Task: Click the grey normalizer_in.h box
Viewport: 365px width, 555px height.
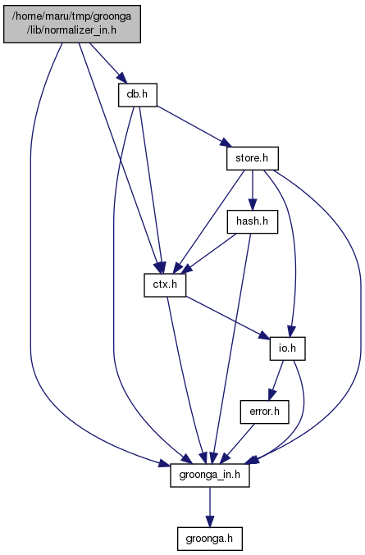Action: coord(72,24)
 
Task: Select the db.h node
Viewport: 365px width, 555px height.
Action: coord(138,95)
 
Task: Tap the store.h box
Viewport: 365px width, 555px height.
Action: coord(253,158)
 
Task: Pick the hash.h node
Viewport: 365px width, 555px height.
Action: coord(253,222)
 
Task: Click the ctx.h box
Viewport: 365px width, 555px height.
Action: coord(165,285)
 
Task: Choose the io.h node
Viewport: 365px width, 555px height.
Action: coord(287,348)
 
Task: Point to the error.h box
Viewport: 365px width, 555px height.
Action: coord(264,412)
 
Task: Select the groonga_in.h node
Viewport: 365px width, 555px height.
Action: coord(210,475)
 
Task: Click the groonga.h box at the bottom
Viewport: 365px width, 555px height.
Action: coord(210,539)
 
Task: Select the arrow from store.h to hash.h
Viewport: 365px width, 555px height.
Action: coord(253,190)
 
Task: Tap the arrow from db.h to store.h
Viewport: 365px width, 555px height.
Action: coord(194,126)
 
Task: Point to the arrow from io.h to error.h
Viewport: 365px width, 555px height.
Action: coord(276,380)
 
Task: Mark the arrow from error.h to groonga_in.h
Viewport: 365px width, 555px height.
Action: coord(237,444)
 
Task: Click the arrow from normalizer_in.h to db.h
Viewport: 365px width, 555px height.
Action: coord(107,63)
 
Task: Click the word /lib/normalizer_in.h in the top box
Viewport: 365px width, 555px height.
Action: coord(72,30)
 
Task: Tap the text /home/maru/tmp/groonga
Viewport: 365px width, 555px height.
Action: coord(72,16)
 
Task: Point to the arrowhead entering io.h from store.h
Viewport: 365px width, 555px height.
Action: coord(291,332)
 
